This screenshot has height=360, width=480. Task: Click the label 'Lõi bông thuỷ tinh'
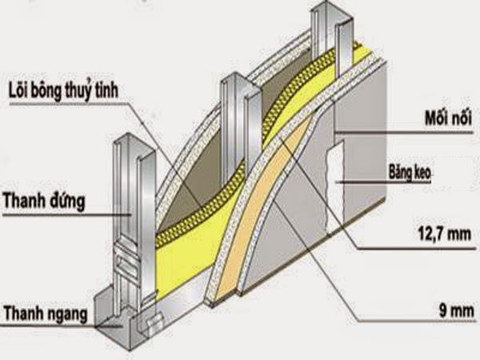click(x=63, y=90)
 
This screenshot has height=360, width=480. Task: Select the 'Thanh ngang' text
click(x=46, y=314)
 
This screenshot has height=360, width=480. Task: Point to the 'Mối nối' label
click(x=448, y=118)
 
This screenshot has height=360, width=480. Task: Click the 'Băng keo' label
click(x=410, y=173)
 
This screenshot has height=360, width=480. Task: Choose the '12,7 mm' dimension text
click(x=445, y=234)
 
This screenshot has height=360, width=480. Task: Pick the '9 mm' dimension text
click(x=456, y=311)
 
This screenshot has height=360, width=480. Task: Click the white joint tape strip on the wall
click(x=336, y=186)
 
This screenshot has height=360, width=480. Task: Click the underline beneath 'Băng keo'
click(x=383, y=182)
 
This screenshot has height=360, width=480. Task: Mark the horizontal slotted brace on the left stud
click(x=127, y=257)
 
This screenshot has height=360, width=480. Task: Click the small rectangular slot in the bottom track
click(x=153, y=322)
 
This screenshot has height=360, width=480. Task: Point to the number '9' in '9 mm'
click(x=443, y=311)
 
